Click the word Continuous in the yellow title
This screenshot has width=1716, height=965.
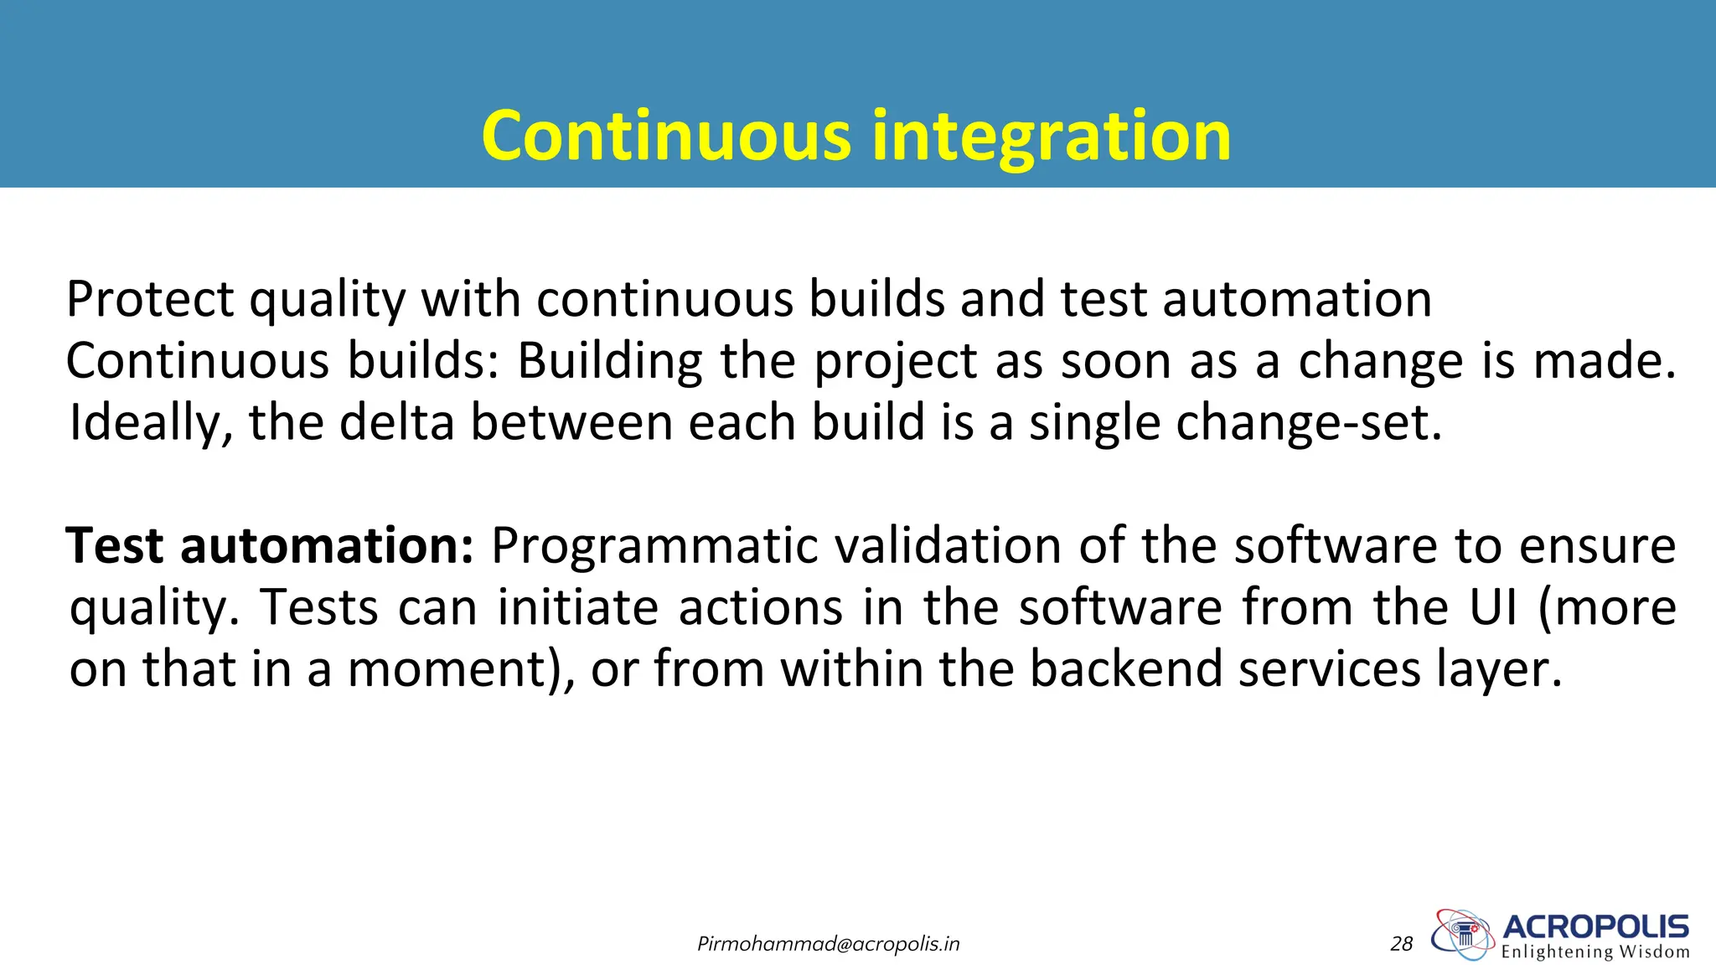666,136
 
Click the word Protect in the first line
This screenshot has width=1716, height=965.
150,299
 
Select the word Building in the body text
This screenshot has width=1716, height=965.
610,361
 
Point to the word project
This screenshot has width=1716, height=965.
896,363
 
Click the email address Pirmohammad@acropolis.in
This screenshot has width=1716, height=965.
828,944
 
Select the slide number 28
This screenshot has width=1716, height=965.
1401,944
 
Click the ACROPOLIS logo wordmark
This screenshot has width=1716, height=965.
1595,926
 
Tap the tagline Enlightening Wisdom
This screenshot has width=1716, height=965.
1595,952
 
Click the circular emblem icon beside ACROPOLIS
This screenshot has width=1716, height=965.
1463,933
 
